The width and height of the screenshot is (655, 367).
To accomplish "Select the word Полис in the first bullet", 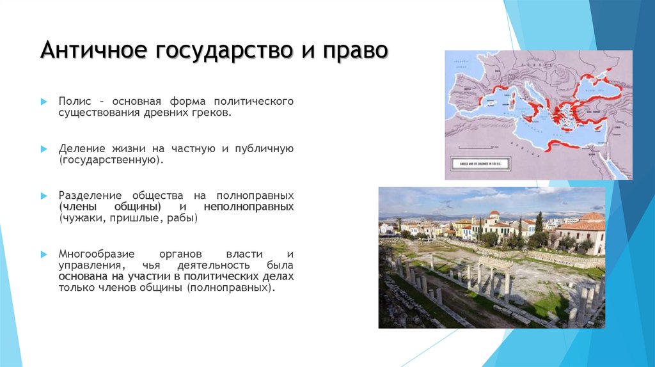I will pos(72,102).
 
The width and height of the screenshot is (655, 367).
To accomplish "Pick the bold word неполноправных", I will pos(249,207).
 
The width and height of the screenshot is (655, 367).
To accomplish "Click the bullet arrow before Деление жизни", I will pos(44,148).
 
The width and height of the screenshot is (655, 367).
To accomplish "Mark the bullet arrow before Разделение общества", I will pos(44,195).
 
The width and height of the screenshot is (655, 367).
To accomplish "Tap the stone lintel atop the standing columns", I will pos(496,262).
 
